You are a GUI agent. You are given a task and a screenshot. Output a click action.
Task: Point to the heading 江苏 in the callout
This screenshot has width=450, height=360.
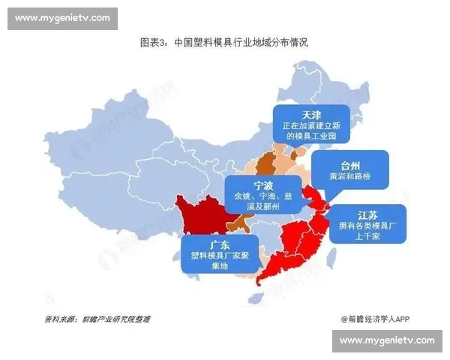pyautogui.click(x=367, y=214)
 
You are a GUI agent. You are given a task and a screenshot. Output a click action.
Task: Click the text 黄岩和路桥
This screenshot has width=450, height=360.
pyautogui.click(x=350, y=177)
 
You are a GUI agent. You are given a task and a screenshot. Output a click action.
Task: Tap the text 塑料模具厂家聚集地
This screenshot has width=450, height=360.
pyautogui.click(x=220, y=261)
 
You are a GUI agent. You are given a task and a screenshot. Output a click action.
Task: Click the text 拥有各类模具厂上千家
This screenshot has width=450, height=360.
pyautogui.click(x=367, y=231)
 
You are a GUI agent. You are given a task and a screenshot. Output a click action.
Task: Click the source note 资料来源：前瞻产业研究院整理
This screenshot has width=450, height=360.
pyautogui.click(x=97, y=319)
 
